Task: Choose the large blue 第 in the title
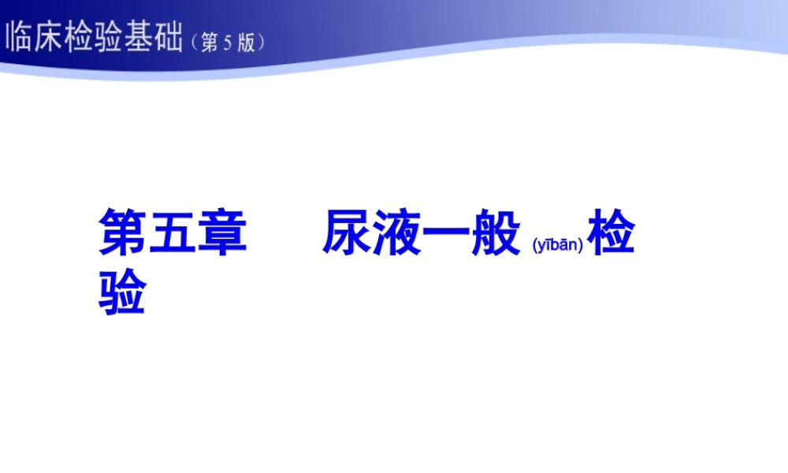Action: pyautogui.click(x=123, y=233)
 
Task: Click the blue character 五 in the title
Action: pyautogui.click(x=173, y=233)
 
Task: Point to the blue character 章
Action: pyautogui.click(x=222, y=233)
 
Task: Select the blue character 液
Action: pyautogui.click(x=396, y=233)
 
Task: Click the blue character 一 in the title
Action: pyautogui.click(x=446, y=233)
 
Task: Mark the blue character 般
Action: pyautogui.click(x=496, y=233)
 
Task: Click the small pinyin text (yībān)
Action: pyautogui.click(x=557, y=245)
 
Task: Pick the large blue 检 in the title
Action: pyautogui.click(x=611, y=233)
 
